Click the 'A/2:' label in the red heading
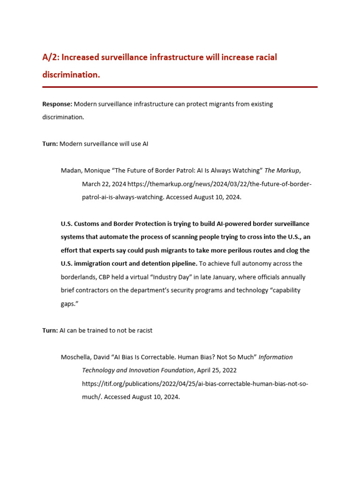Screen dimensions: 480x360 (51, 57)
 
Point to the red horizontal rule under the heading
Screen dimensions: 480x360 (180, 87)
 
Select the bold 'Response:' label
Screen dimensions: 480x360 (57, 104)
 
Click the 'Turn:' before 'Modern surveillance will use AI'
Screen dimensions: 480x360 (50, 144)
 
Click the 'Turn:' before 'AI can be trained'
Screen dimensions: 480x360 (50, 330)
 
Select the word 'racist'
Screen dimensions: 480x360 (142, 330)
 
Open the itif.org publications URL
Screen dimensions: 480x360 (195, 383)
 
